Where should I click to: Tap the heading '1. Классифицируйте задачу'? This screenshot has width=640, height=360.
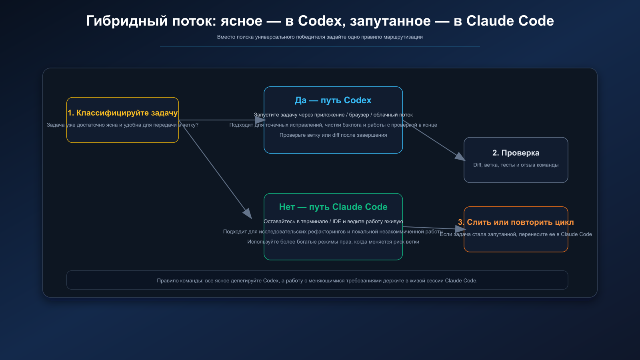click(x=122, y=113)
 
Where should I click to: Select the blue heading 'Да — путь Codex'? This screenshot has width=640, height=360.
click(x=333, y=100)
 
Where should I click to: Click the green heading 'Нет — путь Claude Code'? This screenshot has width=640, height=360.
click(x=333, y=207)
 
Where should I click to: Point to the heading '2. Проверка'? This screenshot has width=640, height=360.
click(x=516, y=153)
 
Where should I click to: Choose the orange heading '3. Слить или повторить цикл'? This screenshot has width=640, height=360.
click(x=516, y=222)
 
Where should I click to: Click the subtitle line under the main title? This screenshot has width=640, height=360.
click(x=320, y=37)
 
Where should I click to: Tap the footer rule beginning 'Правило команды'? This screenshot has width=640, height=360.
click(x=317, y=281)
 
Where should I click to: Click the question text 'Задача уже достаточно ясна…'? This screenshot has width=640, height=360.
click(x=122, y=125)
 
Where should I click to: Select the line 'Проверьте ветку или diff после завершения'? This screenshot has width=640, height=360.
click(x=333, y=135)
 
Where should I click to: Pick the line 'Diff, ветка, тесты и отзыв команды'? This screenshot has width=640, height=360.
click(x=516, y=165)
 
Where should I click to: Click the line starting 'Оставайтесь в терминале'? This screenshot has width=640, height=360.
click(x=333, y=222)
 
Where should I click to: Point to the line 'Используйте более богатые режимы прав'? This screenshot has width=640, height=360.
click(x=333, y=242)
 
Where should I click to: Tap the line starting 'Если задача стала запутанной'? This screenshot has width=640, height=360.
click(x=516, y=234)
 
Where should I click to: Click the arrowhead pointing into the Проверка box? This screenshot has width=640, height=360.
click(x=460, y=156)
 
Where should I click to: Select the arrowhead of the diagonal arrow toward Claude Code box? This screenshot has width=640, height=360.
click(x=248, y=213)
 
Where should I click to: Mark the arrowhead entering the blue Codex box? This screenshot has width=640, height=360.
click(x=261, y=120)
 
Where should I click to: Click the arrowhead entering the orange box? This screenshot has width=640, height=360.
click(x=461, y=229)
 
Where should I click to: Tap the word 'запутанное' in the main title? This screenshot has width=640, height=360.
click(x=390, y=21)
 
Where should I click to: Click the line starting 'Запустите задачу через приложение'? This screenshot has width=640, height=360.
click(x=333, y=115)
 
